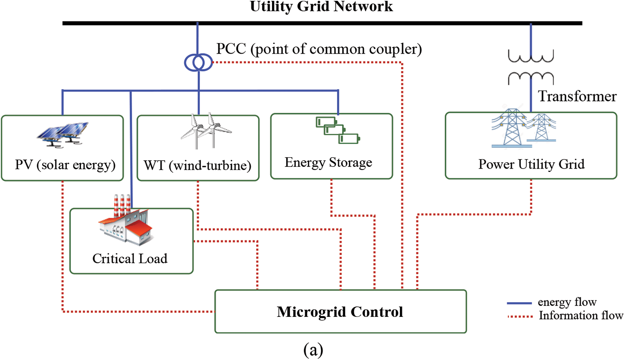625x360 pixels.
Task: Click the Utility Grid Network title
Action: pyautogui.click(x=321, y=6)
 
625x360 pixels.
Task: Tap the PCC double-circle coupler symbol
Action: pyautogui.click(x=198, y=63)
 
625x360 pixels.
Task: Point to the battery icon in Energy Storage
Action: pyautogui.click(x=337, y=130)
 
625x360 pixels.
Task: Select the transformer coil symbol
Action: pyautogui.click(x=530, y=67)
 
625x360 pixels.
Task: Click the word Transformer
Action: pyautogui.click(x=577, y=96)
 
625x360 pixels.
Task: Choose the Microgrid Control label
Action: pyautogui.click(x=340, y=312)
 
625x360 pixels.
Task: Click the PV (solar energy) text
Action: pyautogui.click(x=65, y=164)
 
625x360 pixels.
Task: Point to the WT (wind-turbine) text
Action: pyautogui.click(x=197, y=165)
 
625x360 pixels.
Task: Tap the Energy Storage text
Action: pyautogui.click(x=328, y=162)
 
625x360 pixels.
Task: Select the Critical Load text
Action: pyautogui.click(x=130, y=258)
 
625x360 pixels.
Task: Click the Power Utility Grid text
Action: pyautogui.click(x=531, y=164)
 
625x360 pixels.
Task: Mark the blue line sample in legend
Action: pyautogui.click(x=519, y=303)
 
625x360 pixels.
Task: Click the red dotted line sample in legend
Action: pyautogui.click(x=519, y=316)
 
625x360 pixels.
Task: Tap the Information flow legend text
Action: pyautogui.click(x=581, y=316)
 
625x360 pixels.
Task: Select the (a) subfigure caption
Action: pyautogui.click(x=313, y=350)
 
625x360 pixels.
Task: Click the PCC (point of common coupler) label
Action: pyautogui.click(x=319, y=49)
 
